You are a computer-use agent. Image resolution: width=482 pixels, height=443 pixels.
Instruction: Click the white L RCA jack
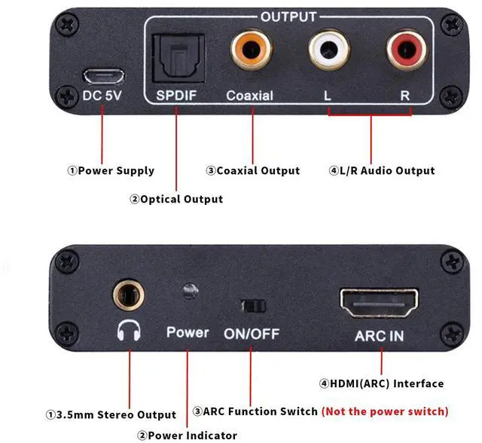(x=328, y=52)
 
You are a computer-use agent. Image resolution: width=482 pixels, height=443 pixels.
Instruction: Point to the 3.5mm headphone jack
(x=129, y=294)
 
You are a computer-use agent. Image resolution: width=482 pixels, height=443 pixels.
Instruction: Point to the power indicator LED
(x=190, y=290)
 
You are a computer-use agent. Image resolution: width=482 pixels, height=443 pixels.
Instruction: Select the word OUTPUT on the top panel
(x=288, y=16)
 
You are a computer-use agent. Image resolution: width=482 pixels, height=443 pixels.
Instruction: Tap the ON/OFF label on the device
(x=251, y=333)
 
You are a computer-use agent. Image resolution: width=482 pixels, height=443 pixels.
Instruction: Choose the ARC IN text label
(x=379, y=335)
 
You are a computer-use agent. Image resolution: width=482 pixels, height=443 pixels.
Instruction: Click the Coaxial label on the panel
(x=249, y=96)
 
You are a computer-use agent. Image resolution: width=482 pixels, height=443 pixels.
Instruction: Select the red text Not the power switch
(x=384, y=411)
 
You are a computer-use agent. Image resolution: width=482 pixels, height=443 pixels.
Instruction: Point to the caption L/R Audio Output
(x=382, y=170)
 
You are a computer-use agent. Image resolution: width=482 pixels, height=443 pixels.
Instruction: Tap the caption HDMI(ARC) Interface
(x=381, y=383)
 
